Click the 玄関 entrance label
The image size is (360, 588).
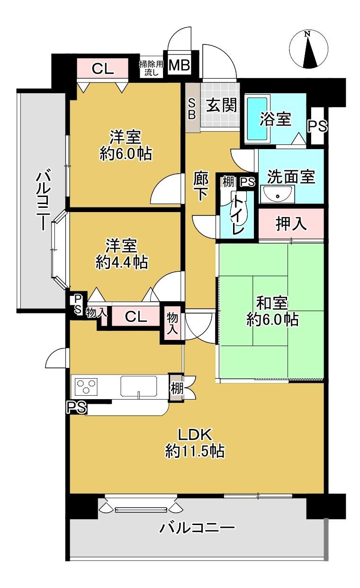[221, 105]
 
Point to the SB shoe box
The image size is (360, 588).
[192, 109]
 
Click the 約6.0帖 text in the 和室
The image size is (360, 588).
[272, 320]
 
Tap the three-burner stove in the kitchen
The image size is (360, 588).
[85, 387]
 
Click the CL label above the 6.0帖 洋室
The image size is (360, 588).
[103, 69]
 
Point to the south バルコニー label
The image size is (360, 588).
[197, 527]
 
